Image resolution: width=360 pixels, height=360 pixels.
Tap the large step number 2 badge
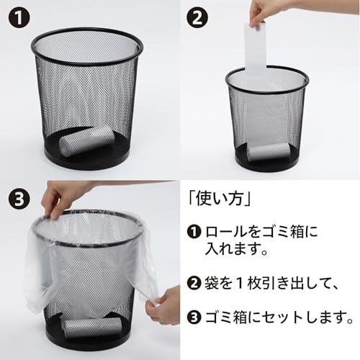click(x=197, y=17)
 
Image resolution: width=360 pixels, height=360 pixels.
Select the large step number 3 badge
click(x=19, y=199)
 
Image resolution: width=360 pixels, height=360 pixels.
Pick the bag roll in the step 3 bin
click(x=93, y=326)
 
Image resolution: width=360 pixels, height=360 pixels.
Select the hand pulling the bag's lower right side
click(x=163, y=305)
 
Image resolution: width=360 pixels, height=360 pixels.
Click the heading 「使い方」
click(x=220, y=199)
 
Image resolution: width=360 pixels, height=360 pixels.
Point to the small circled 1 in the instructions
click(x=194, y=232)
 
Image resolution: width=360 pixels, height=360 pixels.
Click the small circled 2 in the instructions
click(x=194, y=283)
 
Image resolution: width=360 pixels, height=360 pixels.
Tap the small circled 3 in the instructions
click(x=194, y=318)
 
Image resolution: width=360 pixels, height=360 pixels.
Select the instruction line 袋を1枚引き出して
click(x=269, y=283)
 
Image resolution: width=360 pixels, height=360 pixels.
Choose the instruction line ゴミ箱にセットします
click(x=279, y=318)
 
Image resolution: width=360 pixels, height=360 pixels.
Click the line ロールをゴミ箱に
click(x=261, y=232)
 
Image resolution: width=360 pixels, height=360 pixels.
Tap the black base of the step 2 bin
click(x=267, y=163)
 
